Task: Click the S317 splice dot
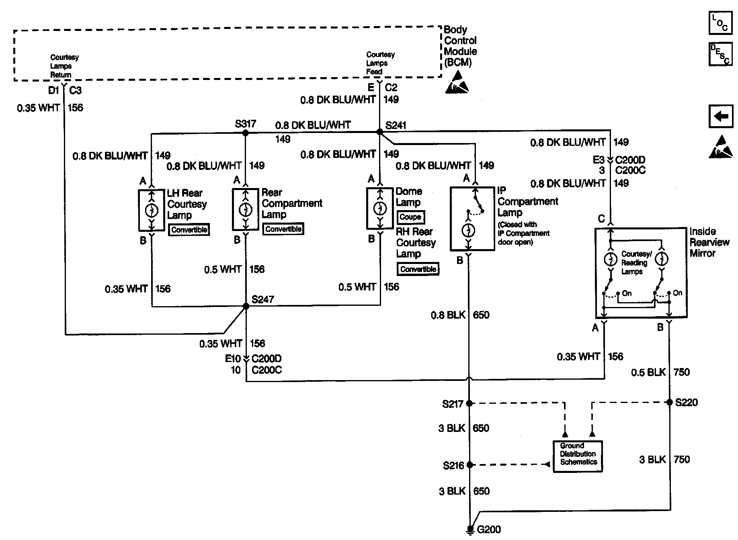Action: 245,133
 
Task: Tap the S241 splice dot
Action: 379,132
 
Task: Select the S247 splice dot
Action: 246,306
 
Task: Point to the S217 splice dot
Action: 469,403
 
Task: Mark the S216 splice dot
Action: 469,465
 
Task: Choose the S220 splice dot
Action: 669,402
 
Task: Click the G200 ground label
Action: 489,530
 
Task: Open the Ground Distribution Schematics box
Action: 578,456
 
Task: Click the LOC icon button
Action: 720,23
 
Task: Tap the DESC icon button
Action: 720,54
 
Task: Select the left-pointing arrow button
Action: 720,117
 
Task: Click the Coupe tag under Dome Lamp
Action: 410,217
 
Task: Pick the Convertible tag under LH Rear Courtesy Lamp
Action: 189,230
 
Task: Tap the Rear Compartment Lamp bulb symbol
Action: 245,210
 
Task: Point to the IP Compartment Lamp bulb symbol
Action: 468,231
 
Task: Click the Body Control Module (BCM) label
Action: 460,46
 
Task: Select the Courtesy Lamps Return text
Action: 64,66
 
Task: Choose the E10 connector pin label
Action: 233,358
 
